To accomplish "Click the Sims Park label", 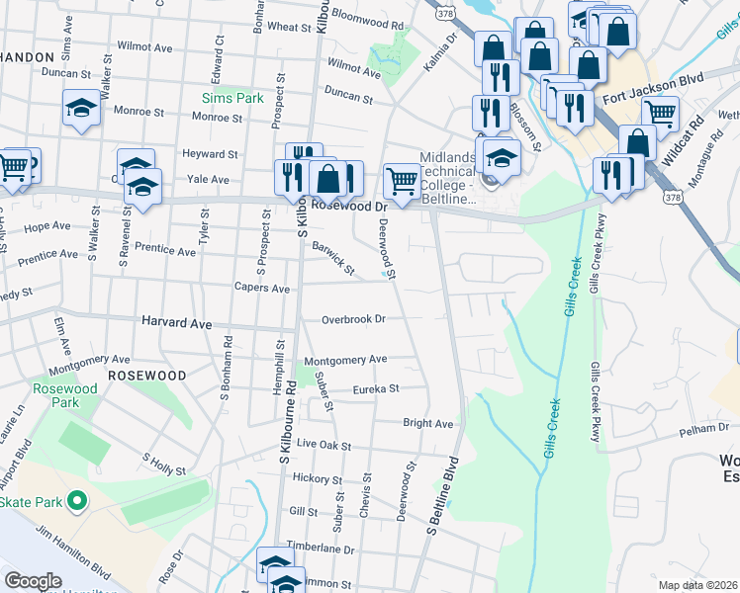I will [232, 99].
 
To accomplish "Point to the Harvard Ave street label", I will [177, 323].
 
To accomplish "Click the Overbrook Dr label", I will [353, 319].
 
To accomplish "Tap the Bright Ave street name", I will [427, 424].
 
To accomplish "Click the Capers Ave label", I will [261, 289].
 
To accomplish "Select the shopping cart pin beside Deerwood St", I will [401, 180].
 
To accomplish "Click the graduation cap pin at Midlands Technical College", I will [502, 157].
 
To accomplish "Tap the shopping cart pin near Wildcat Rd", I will [660, 114].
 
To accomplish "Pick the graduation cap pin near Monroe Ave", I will [80, 108].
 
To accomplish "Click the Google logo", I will [33, 581].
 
